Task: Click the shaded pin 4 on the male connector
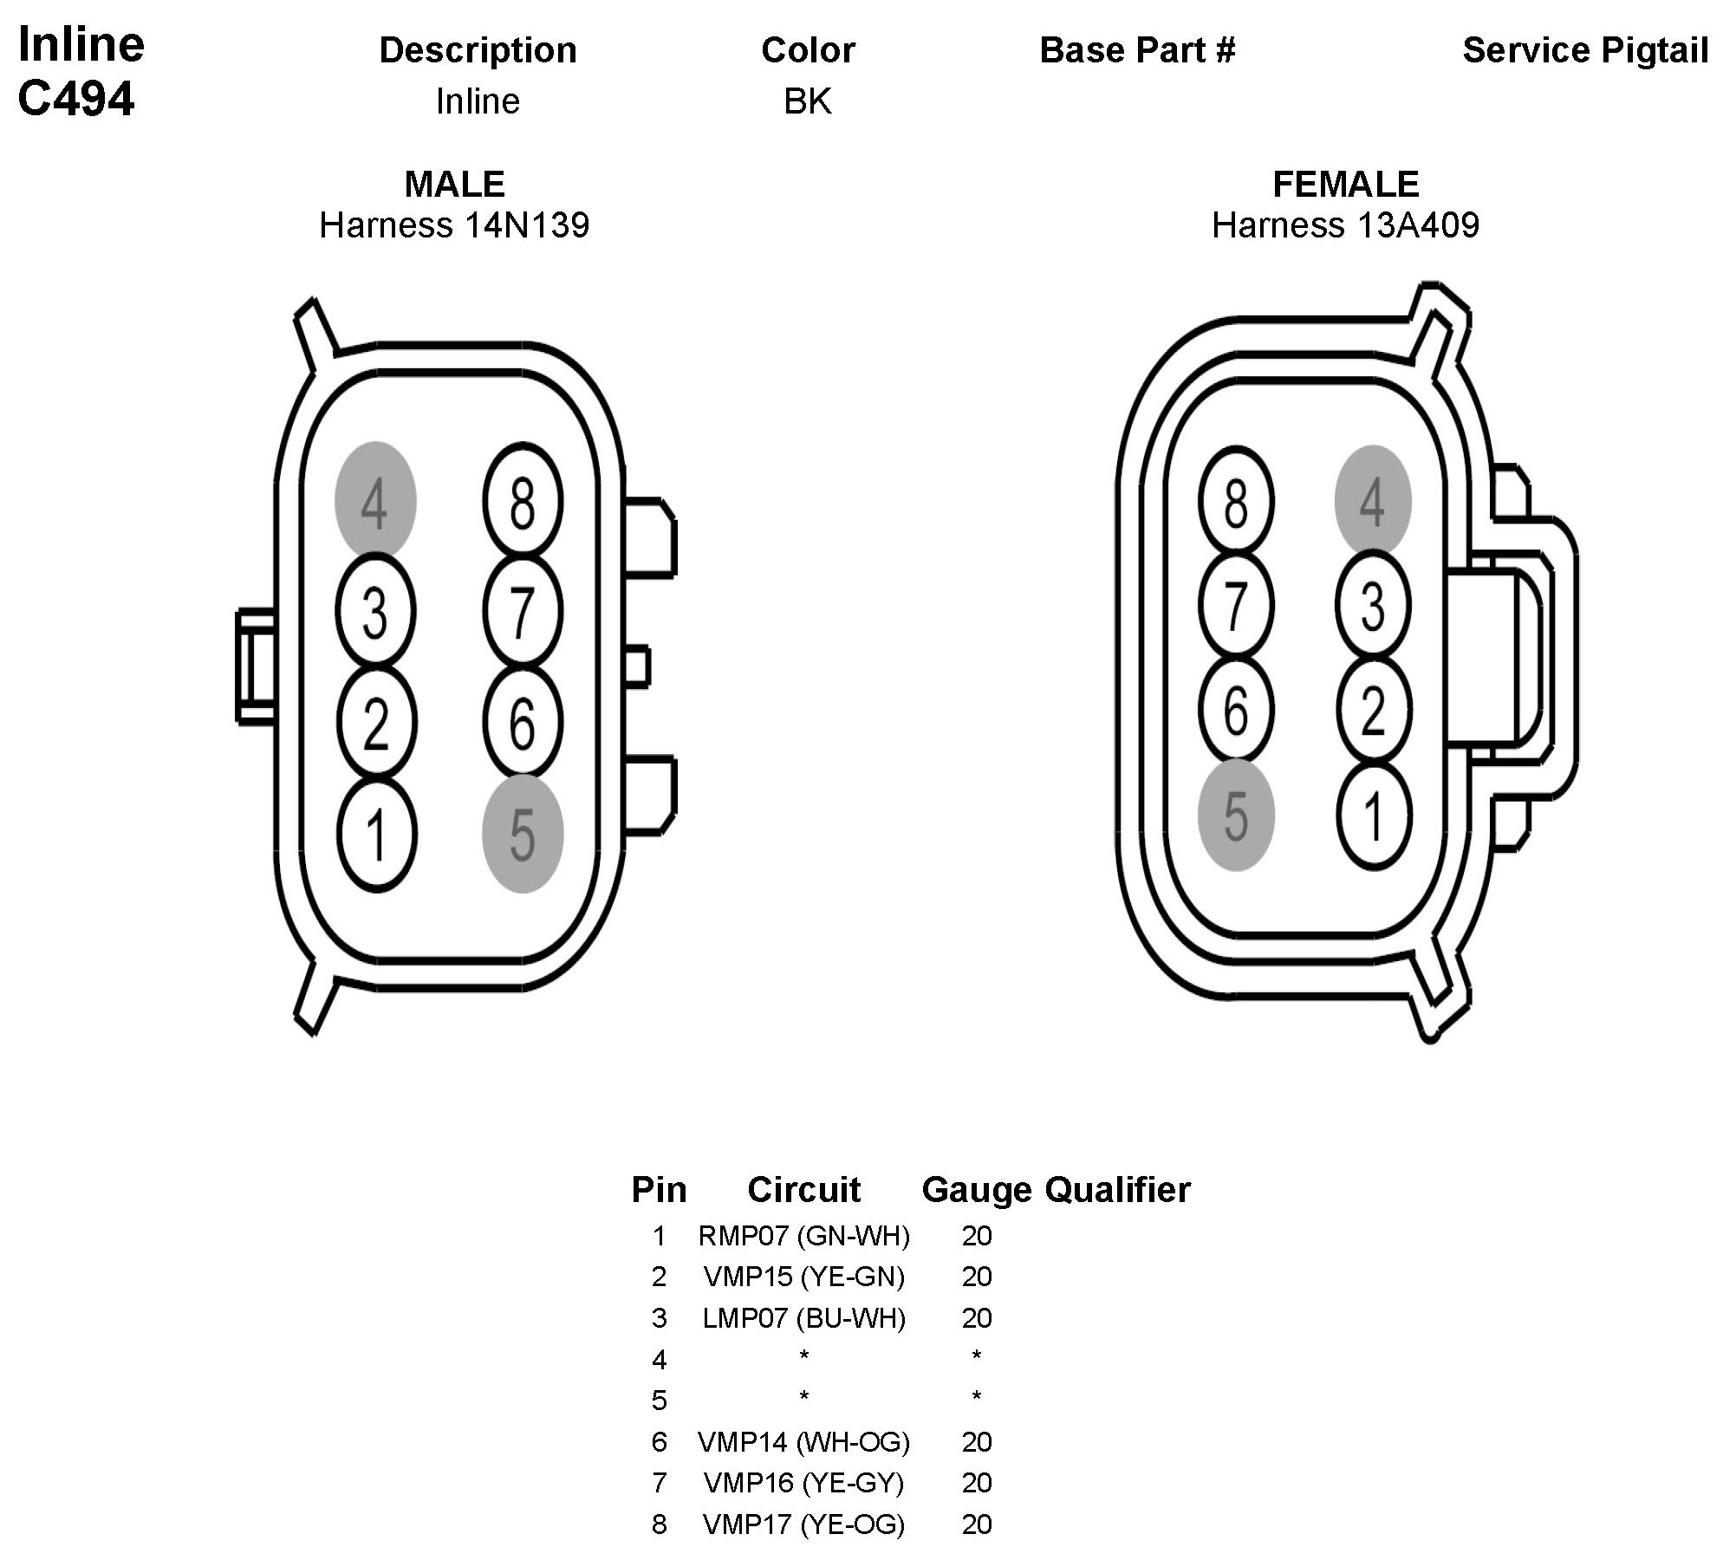(375, 502)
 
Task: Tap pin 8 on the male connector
(522, 502)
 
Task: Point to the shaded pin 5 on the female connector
(1236, 815)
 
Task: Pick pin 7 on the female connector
(1236, 606)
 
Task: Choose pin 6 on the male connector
(522, 723)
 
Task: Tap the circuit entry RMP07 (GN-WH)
(803, 1236)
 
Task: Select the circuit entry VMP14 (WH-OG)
(803, 1442)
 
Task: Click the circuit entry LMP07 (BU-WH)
(803, 1318)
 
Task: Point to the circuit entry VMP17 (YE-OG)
(803, 1524)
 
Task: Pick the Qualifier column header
(1118, 1190)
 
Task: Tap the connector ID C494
(76, 99)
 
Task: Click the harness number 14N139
(527, 225)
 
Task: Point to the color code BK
(807, 101)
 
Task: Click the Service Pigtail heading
(1585, 50)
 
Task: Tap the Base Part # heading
(1137, 50)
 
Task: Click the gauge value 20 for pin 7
(976, 1483)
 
